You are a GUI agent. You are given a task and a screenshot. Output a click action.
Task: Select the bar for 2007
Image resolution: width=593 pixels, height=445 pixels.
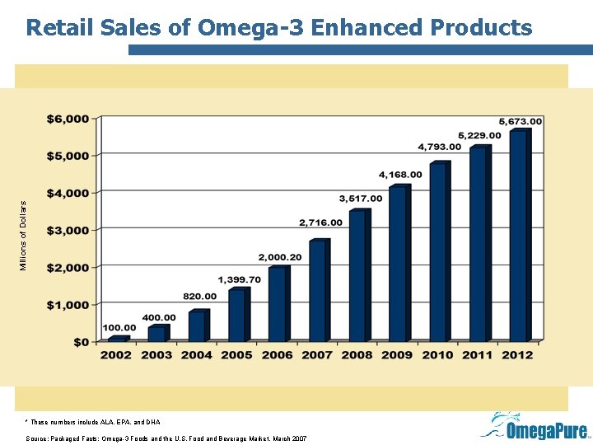coord(318,290)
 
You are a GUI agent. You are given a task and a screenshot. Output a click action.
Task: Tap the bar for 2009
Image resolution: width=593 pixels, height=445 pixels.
coord(398,264)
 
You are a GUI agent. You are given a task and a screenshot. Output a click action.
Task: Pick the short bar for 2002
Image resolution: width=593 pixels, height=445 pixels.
coord(116,339)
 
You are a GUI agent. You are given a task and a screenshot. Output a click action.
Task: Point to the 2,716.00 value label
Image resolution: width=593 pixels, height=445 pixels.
coord(321,222)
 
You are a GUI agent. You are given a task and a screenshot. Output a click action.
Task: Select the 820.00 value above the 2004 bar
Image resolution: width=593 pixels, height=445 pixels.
coord(200,296)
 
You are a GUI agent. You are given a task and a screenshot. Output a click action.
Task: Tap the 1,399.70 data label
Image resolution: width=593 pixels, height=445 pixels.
coord(239,279)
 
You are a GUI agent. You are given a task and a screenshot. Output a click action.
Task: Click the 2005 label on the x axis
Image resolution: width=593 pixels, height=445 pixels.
coord(236,355)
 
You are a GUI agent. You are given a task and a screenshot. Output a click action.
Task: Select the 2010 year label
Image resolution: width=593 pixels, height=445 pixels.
coord(437,355)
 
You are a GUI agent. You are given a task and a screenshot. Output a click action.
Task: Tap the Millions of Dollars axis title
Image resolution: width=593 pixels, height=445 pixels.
coord(24,235)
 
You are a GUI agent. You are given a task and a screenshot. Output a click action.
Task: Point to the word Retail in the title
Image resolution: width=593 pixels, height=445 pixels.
coord(60,27)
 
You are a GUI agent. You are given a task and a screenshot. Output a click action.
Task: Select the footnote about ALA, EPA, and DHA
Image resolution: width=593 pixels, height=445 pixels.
coord(94,421)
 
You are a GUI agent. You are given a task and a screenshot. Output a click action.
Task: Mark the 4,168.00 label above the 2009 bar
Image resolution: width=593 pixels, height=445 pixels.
coord(400,175)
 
